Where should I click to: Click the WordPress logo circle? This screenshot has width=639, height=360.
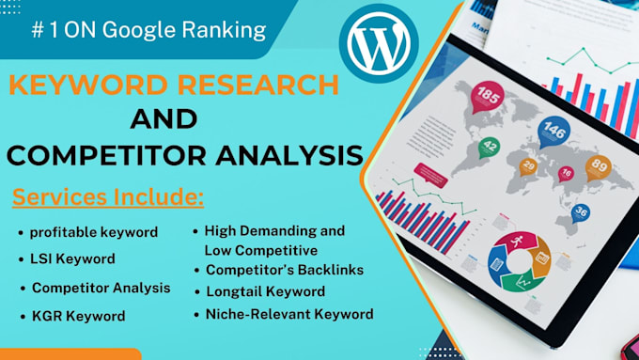click(379, 43)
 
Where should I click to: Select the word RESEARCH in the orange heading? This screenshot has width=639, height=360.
click(258, 86)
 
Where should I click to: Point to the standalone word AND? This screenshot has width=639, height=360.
click(164, 119)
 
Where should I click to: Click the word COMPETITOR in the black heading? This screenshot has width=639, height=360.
click(107, 155)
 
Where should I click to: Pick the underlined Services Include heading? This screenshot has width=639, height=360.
click(108, 197)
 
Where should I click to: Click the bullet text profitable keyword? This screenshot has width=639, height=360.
click(94, 232)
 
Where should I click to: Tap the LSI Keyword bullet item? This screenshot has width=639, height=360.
click(72, 258)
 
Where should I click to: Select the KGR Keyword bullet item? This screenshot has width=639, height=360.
click(79, 316)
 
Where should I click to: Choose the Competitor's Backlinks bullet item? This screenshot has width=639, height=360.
click(285, 270)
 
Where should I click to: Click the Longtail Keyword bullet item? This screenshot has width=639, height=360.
click(266, 291)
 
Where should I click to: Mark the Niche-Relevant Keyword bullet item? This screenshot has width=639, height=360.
click(289, 314)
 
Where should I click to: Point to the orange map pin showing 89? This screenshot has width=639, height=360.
click(599, 168)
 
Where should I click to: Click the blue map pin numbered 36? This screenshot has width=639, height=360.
click(581, 213)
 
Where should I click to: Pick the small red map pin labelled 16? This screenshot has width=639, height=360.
click(566, 174)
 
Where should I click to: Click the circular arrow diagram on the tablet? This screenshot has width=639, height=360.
click(519, 261)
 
